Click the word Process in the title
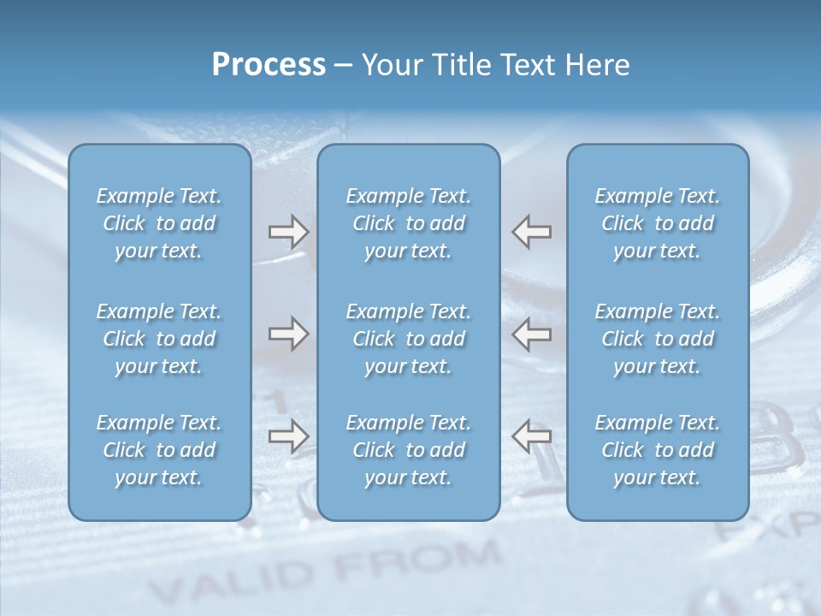coord(269,65)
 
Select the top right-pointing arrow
coord(289,232)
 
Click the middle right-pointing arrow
coord(289,335)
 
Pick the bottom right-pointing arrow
coord(289,436)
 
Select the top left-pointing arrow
coord(531,232)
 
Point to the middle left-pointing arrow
coord(531,335)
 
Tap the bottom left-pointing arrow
coord(531,436)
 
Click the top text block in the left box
coord(159,223)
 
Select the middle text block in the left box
coord(159,339)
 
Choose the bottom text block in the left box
coord(159,450)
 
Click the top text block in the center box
coord(408,223)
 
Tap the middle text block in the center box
coord(408,339)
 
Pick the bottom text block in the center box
coord(408,450)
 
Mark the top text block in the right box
coord(657,223)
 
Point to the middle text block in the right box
coord(657,339)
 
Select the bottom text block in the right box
coord(657,450)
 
